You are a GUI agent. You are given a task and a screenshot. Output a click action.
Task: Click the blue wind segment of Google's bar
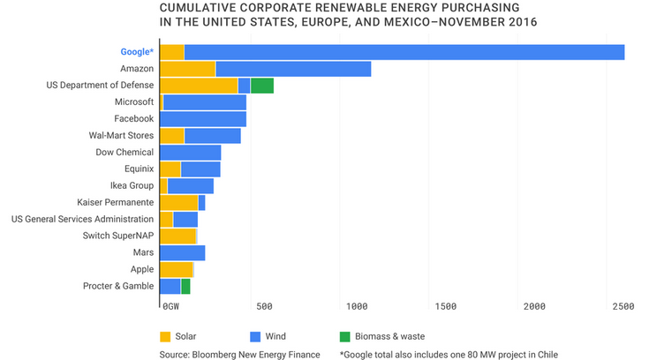(404, 52)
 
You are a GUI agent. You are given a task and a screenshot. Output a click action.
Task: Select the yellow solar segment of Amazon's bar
(187, 69)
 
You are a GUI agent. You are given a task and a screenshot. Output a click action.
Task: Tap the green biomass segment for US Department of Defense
(262, 86)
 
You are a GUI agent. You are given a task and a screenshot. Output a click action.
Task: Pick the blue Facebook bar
(203, 118)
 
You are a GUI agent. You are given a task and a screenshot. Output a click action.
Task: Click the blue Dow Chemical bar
(190, 152)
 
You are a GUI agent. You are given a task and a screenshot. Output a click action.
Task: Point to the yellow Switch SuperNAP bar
(177, 236)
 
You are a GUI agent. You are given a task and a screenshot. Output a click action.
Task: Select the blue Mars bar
(182, 252)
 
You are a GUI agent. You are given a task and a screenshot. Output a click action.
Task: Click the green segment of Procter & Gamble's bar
(185, 286)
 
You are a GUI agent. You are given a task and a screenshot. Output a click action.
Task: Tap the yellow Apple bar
(176, 269)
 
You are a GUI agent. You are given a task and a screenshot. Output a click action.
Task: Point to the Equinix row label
(139, 169)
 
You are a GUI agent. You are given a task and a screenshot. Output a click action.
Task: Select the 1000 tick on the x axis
(358, 306)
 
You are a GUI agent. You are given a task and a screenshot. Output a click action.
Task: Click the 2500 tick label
(623, 306)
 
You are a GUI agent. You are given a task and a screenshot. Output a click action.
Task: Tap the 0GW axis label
(171, 306)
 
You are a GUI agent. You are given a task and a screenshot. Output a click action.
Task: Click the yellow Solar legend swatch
(165, 335)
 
